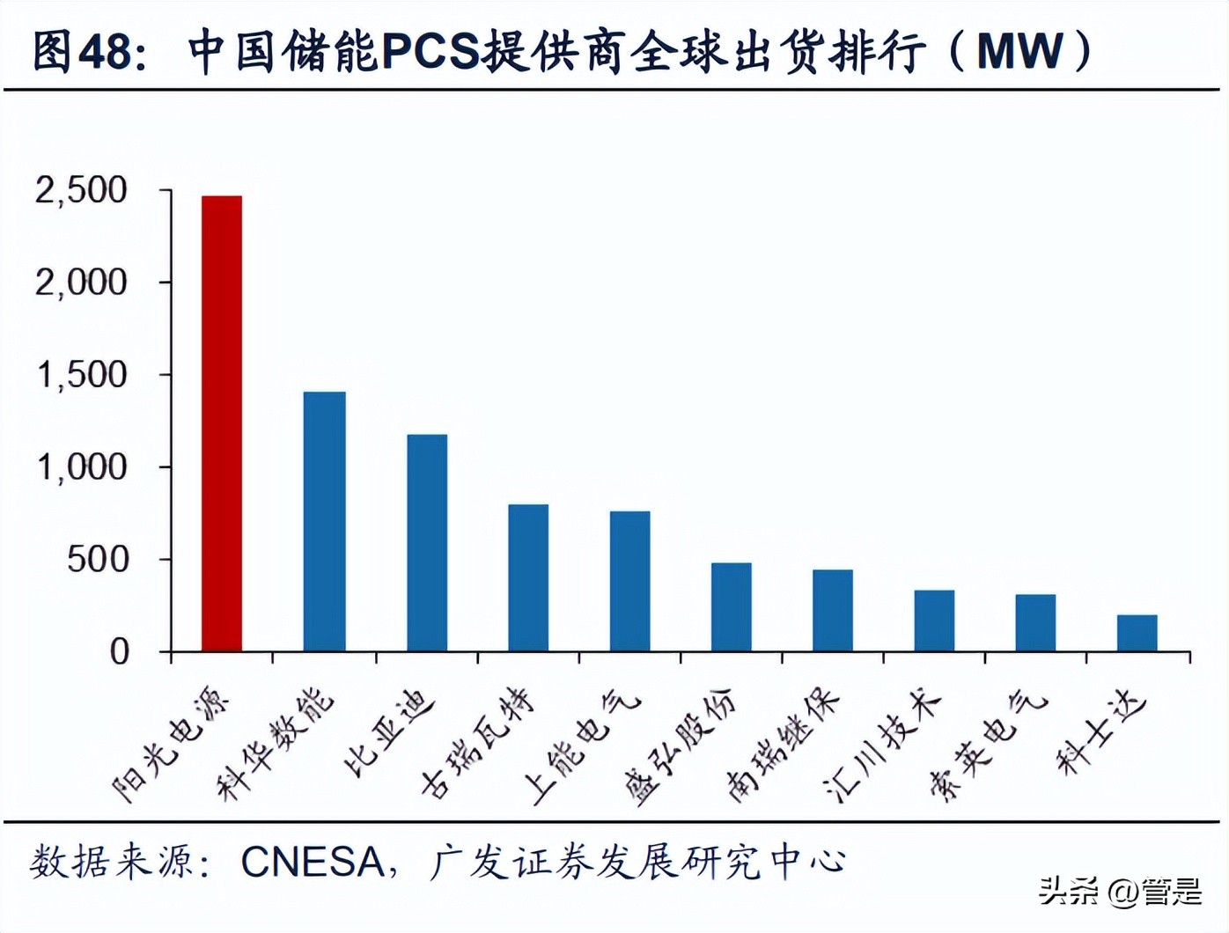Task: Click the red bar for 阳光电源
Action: click(x=222, y=423)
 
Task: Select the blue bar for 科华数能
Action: click(x=324, y=521)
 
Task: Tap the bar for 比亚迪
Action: click(x=427, y=542)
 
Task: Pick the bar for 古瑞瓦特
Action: click(x=528, y=577)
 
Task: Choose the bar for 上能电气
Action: click(x=629, y=581)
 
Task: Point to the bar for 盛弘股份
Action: click(x=732, y=606)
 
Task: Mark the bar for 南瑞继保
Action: click(x=833, y=610)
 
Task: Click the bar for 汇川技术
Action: click(x=934, y=621)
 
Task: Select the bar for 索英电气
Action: click(x=1035, y=622)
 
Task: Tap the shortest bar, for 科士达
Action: click(x=1137, y=633)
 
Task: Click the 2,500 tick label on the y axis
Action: click(x=81, y=190)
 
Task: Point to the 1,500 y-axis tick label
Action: click(x=81, y=375)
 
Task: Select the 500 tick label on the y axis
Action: click(x=97, y=559)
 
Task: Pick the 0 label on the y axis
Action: click(x=119, y=651)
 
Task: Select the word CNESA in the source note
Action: click(x=313, y=863)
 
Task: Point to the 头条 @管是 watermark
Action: click(x=1120, y=892)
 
